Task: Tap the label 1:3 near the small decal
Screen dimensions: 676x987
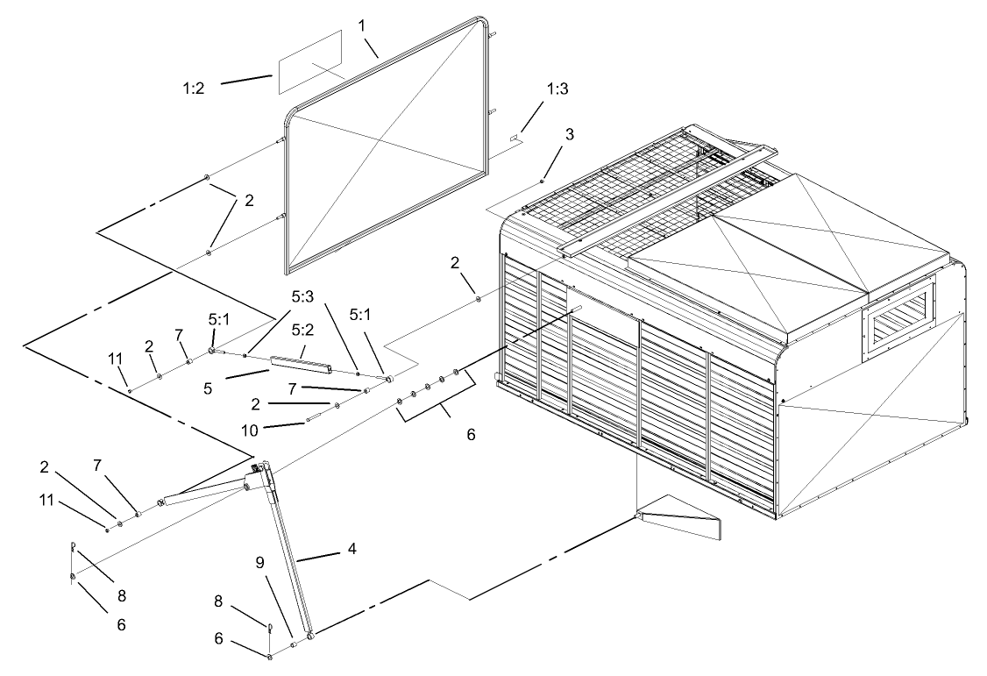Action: click(x=557, y=89)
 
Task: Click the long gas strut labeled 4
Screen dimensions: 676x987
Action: click(x=289, y=552)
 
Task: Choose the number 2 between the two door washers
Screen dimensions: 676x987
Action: click(x=249, y=200)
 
